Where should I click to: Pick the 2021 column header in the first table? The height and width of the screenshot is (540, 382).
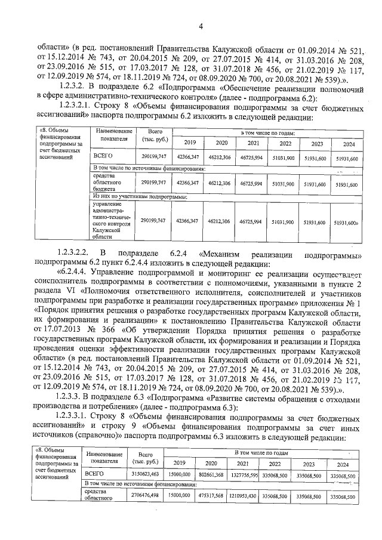pyautogui.click(x=253, y=144)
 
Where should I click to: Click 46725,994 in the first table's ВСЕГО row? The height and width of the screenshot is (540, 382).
pyautogui.click(x=253, y=158)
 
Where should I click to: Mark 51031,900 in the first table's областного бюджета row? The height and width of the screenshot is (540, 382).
pyautogui.click(x=284, y=184)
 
